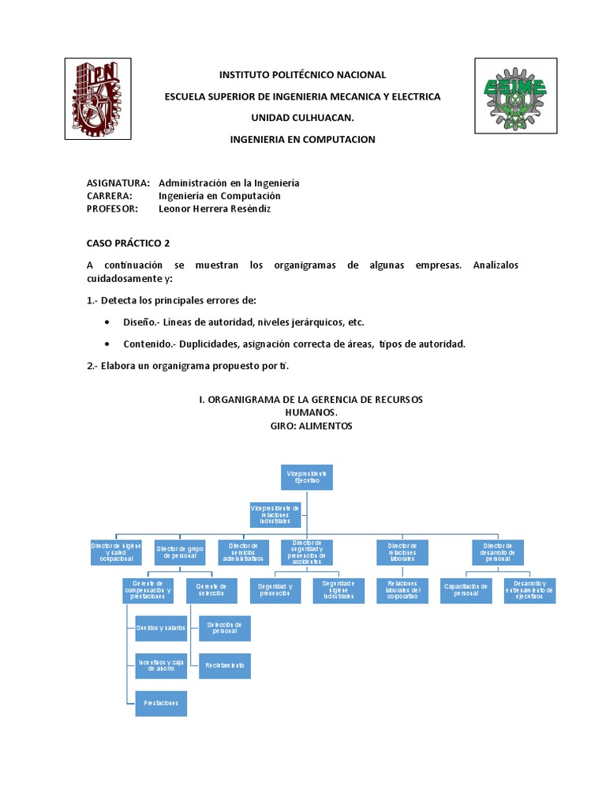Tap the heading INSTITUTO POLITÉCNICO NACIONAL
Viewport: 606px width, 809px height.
click(x=302, y=75)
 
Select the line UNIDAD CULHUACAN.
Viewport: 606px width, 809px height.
click(x=302, y=118)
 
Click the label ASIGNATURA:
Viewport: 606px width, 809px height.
click(x=118, y=183)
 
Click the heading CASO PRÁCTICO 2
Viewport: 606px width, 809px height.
click(x=129, y=243)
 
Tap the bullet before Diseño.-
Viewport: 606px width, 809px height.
click(x=107, y=322)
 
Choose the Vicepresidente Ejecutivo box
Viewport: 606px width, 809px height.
click(x=308, y=476)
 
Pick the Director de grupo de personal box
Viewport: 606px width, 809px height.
click(x=181, y=551)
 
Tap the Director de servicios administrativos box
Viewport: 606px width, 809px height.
click(x=244, y=551)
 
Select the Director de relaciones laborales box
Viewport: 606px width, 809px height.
click(x=402, y=551)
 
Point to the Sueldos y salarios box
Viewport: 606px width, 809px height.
click(x=161, y=627)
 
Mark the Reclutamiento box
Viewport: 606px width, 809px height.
click(x=225, y=665)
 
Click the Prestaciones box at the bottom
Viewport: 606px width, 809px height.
click(x=161, y=702)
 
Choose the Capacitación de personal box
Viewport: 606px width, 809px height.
click(x=466, y=590)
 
